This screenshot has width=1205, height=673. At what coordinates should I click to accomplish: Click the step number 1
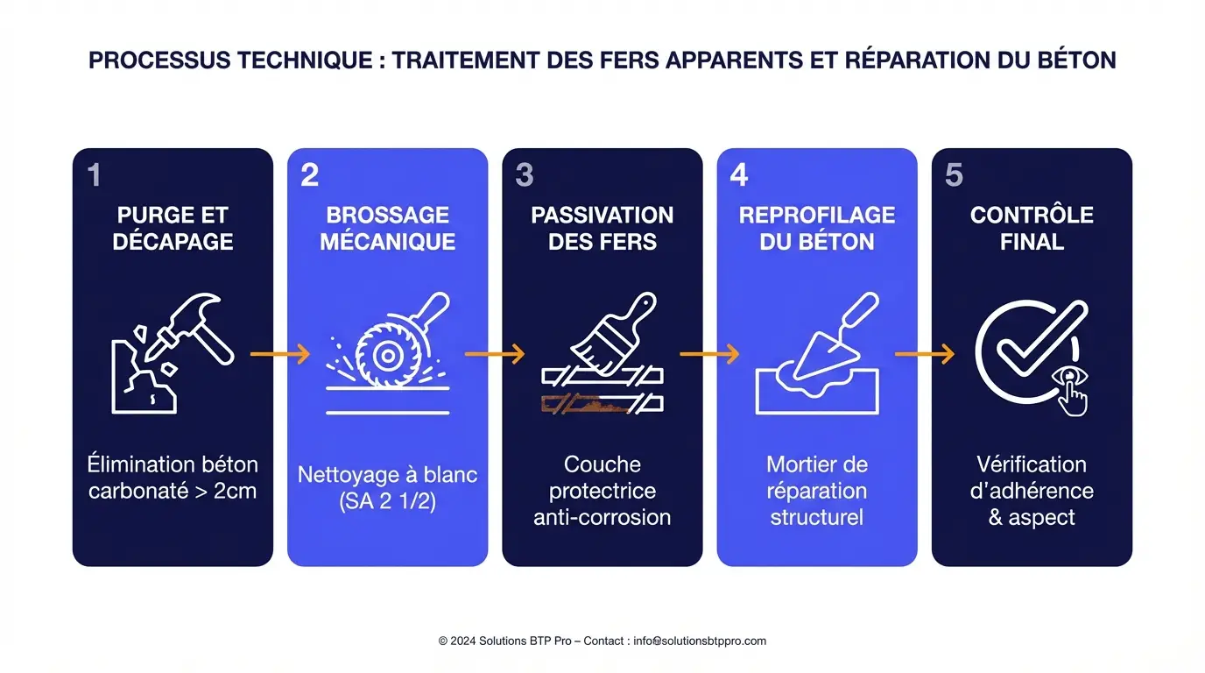tap(95, 175)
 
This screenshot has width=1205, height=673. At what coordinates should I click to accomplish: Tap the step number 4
tap(739, 175)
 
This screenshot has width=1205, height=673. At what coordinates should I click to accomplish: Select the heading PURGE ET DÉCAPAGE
tap(173, 228)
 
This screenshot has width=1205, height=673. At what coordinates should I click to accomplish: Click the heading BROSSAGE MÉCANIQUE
tap(387, 228)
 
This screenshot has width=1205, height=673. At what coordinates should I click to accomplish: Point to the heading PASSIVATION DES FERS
tap(602, 228)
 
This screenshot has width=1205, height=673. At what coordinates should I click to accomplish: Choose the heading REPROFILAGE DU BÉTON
tap(817, 228)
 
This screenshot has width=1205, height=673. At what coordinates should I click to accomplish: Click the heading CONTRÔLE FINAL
tap(1032, 228)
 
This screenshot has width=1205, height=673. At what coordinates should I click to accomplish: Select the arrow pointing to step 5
tap(924, 354)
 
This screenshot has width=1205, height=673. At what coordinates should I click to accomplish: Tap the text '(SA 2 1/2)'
tap(387, 501)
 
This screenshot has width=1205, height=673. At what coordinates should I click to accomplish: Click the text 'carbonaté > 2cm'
tap(173, 490)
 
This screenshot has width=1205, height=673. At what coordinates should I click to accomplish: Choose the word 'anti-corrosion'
tap(602, 517)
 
